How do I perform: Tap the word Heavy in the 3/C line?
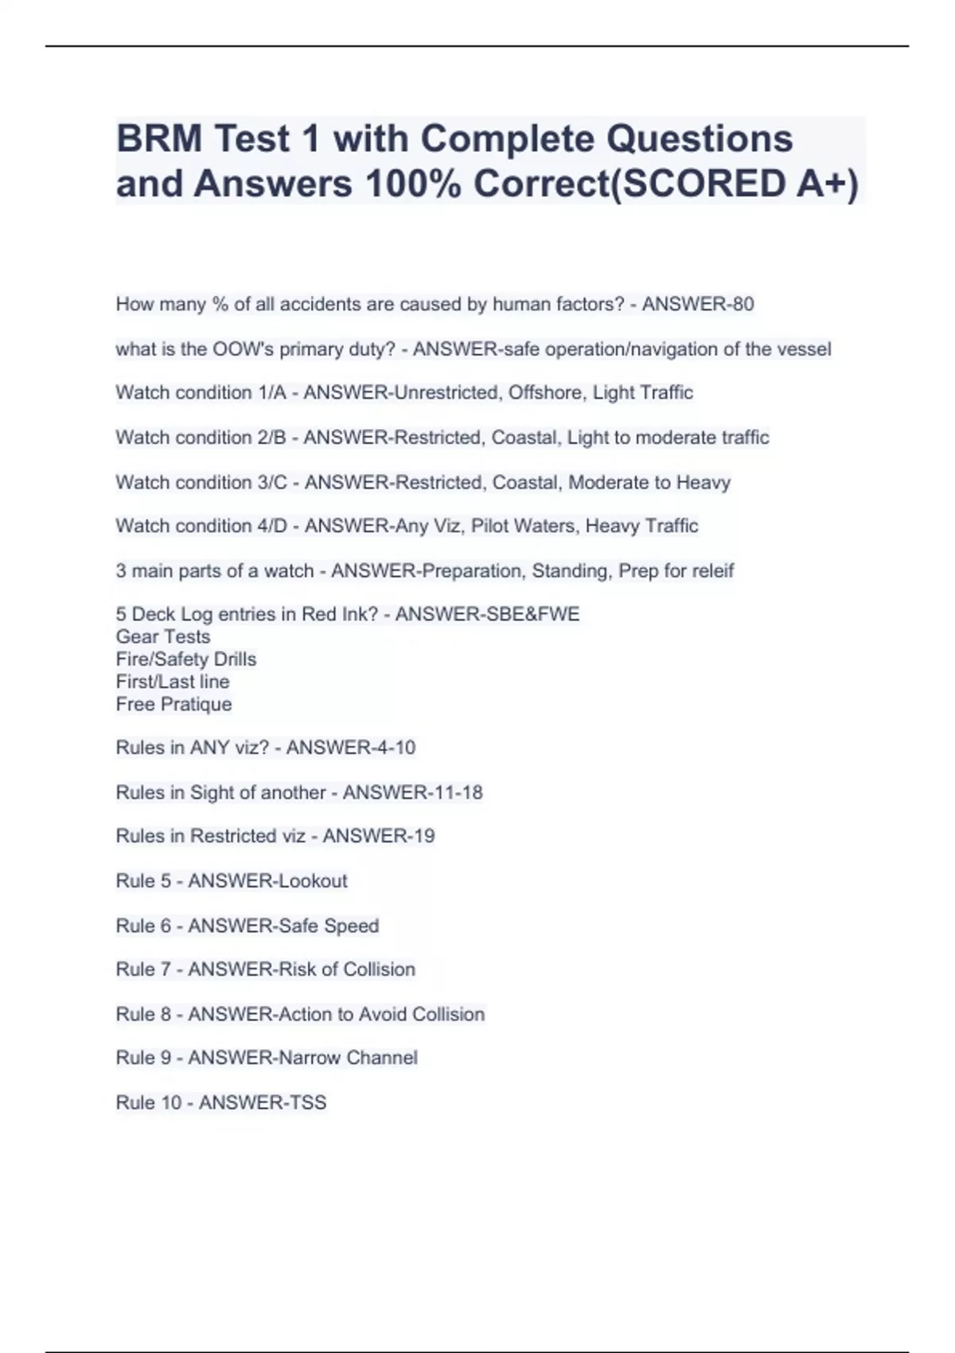(704, 482)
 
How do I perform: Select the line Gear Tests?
(163, 637)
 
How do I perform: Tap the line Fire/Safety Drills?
(186, 659)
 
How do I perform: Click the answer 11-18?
(456, 793)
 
